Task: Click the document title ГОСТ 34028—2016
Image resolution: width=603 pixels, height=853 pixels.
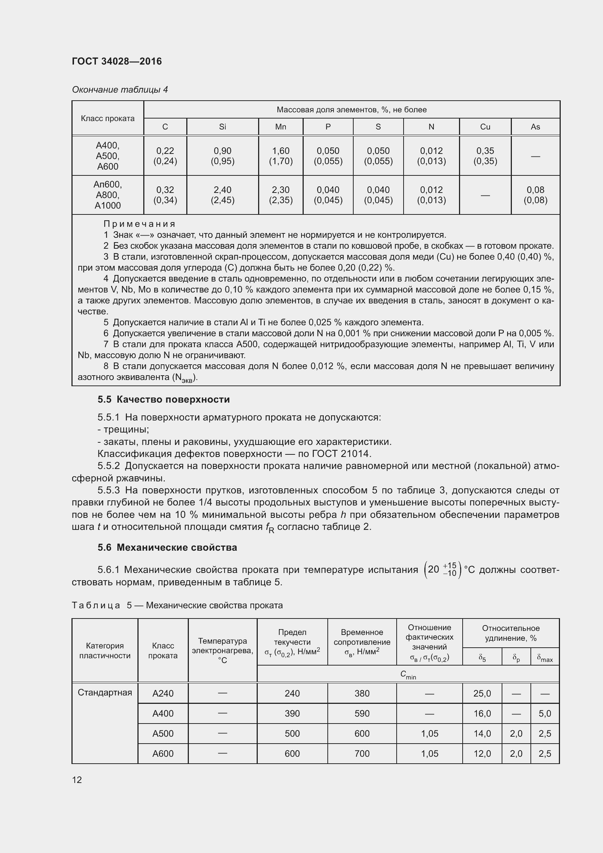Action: click(x=117, y=61)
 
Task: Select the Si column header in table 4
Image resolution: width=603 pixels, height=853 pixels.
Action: click(x=222, y=127)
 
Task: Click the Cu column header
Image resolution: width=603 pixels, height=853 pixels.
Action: click(x=485, y=127)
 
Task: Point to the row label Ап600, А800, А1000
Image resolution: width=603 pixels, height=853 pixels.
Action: click(x=108, y=195)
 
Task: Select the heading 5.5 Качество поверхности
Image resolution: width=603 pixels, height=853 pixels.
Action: click(x=163, y=399)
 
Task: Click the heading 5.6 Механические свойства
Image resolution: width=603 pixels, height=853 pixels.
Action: click(x=167, y=547)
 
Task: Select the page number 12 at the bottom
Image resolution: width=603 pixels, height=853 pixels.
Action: click(x=77, y=779)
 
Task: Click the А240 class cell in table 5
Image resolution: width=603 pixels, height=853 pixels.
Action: click(x=163, y=693)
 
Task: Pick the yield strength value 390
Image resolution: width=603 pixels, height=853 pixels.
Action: click(x=292, y=713)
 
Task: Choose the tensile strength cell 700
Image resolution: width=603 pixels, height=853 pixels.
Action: click(x=362, y=753)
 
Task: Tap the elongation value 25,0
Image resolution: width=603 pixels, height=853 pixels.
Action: click(x=482, y=693)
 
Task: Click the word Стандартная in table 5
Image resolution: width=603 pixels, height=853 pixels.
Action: click(x=105, y=693)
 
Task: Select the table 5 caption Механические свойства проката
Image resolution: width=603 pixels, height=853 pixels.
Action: click(x=214, y=605)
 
